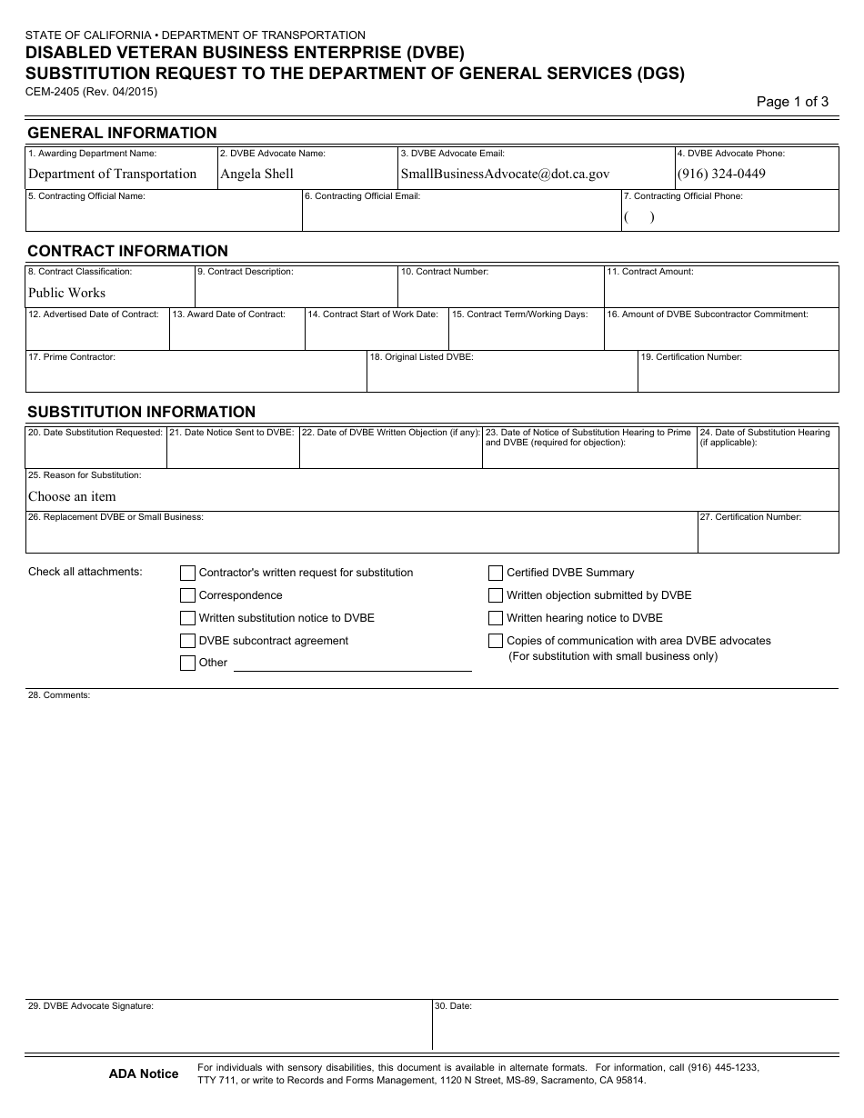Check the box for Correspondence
(187, 595)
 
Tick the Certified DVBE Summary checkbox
(496, 573)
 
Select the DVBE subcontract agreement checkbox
(187, 641)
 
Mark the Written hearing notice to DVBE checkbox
(496, 618)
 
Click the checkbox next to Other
(187, 663)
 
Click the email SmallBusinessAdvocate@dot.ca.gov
(505, 174)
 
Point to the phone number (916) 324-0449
(721, 174)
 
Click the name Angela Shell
(256, 174)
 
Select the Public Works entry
(66, 293)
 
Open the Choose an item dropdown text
(72, 496)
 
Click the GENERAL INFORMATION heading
(122, 133)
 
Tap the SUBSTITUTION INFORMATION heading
(141, 412)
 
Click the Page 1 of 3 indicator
(792, 102)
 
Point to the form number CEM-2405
(52, 91)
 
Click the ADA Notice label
(144, 1074)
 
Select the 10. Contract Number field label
(445, 272)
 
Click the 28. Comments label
(59, 695)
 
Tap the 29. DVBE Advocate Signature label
(91, 1006)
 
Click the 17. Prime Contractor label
(72, 357)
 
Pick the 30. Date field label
(454, 1006)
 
